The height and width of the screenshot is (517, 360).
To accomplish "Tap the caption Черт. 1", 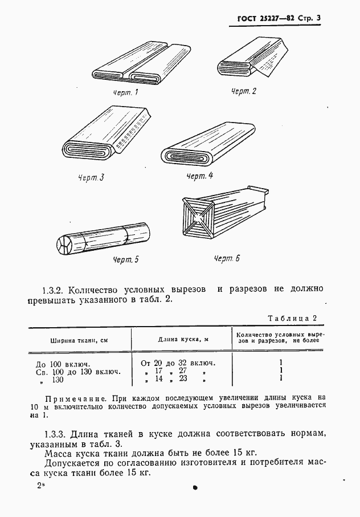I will pos(125,92).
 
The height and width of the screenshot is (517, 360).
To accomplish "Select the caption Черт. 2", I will pos(244,91).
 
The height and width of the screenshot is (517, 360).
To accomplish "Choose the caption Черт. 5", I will pos(125,260).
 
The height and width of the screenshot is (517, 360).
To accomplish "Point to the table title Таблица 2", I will pos(292,319).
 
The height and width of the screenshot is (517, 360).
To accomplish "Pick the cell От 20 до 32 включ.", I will pos(177,363).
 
